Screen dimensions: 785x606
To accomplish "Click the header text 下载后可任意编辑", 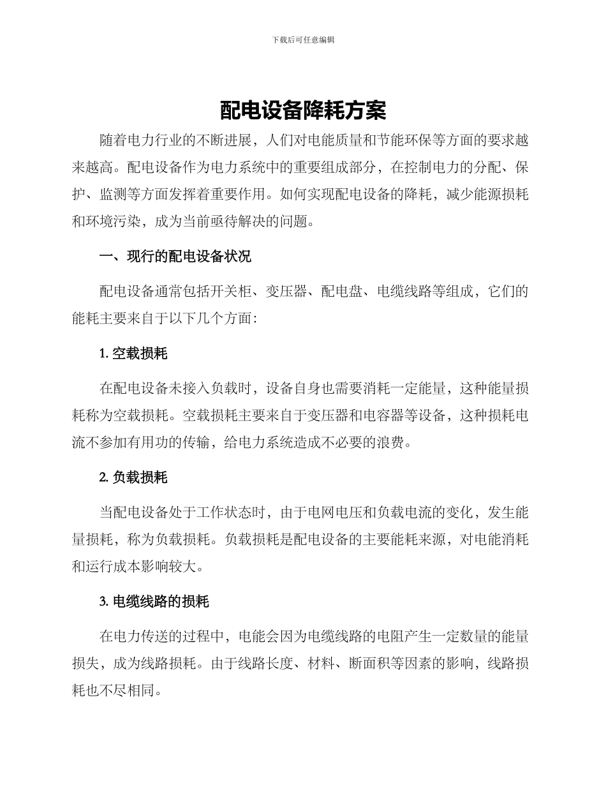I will pos(303,40).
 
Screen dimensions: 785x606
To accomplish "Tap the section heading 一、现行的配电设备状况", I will pos(175,257).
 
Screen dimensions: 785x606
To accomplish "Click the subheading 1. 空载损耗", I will pos(134,353).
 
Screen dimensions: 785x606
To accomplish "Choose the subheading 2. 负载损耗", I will pos(134,477).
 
